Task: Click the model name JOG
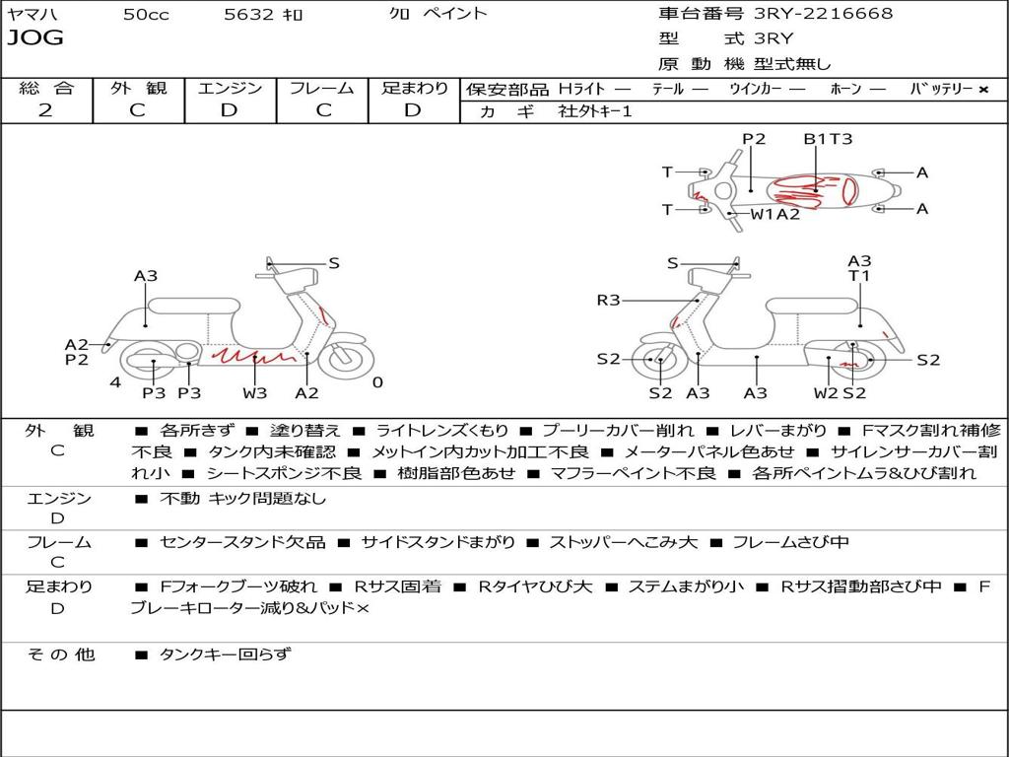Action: (35, 38)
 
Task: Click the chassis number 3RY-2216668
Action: (823, 13)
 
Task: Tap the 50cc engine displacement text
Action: (146, 14)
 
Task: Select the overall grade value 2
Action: (45, 110)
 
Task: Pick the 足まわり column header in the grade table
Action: (415, 88)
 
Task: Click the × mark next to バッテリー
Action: (983, 90)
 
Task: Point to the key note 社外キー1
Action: (595, 111)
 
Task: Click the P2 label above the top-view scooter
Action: (754, 139)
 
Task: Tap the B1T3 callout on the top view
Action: (828, 139)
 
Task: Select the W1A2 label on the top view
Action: (775, 214)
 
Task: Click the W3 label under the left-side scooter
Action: (255, 392)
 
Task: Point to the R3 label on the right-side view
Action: (608, 300)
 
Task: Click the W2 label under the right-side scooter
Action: (826, 392)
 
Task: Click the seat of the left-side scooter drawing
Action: (194, 306)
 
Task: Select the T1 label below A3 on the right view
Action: (859, 276)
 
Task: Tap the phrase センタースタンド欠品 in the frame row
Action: (242, 543)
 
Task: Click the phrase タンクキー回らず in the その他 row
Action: (226, 654)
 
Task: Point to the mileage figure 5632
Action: (249, 14)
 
